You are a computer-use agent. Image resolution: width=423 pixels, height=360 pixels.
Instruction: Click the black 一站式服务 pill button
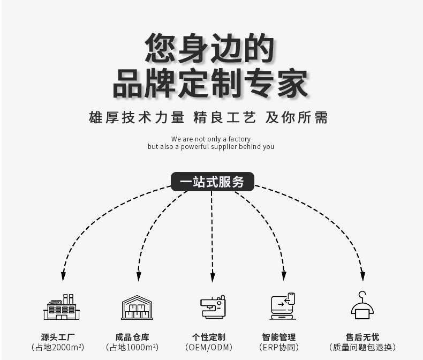click(x=212, y=182)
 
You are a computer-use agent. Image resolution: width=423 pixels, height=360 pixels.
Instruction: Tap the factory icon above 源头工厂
click(x=61, y=307)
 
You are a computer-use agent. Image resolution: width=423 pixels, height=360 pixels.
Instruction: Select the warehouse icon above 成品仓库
click(x=137, y=307)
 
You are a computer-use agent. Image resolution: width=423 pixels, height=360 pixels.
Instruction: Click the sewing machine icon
click(x=213, y=307)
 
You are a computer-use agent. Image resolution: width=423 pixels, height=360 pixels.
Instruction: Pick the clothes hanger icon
click(x=362, y=305)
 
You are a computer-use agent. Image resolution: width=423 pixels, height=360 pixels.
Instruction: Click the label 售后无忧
click(x=362, y=337)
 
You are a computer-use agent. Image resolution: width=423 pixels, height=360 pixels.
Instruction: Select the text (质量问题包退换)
click(x=362, y=348)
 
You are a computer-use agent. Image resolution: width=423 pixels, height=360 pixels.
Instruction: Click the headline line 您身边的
click(x=210, y=48)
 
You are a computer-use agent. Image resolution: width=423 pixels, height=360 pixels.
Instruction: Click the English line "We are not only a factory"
click(x=211, y=139)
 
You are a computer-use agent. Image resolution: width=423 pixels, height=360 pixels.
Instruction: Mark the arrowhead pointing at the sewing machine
click(x=213, y=277)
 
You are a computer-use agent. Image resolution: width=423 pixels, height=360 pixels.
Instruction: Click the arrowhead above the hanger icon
click(x=362, y=276)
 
